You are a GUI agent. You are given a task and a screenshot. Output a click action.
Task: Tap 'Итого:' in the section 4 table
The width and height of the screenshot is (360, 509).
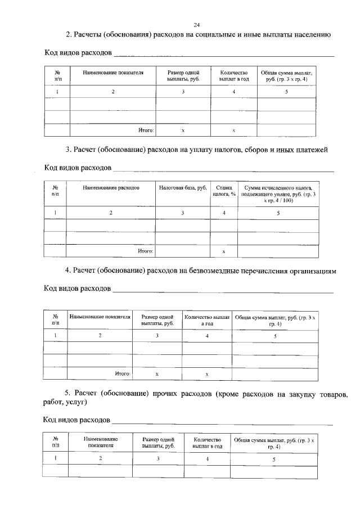(x=123, y=373)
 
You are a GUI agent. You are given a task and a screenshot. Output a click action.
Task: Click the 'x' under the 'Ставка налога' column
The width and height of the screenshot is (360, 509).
(x=224, y=251)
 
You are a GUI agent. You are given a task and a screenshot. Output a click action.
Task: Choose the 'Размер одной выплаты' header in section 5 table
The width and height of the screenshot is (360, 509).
(x=158, y=442)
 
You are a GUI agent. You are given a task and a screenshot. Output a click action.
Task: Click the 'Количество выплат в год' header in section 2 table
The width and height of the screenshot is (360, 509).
(x=233, y=76)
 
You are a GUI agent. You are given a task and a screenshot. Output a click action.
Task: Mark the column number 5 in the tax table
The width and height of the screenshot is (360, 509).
(x=278, y=213)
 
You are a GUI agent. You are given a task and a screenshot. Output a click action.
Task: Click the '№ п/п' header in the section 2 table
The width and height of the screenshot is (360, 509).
(x=57, y=76)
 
